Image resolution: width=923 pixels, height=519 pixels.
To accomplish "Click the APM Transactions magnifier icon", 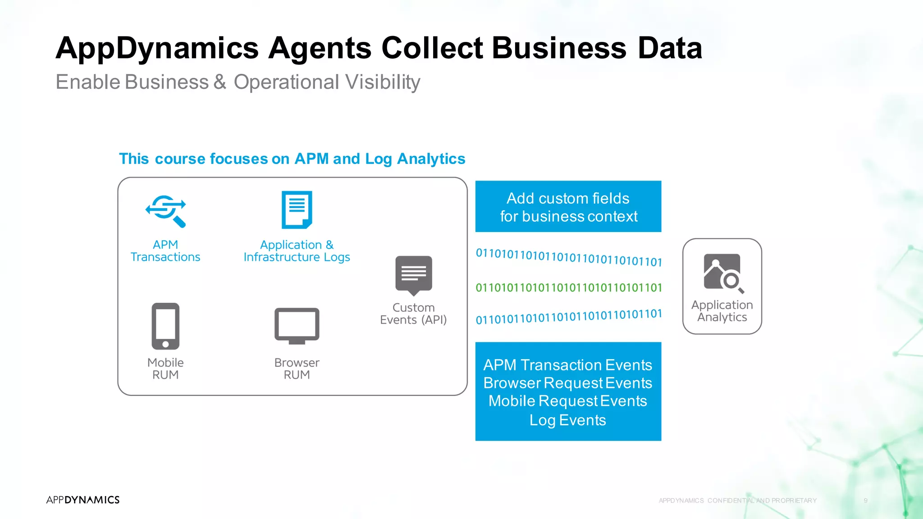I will click(x=166, y=211).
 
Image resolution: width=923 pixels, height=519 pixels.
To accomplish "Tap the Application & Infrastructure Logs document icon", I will click(x=297, y=209).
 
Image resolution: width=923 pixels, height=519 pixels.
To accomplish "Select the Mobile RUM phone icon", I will click(x=165, y=326).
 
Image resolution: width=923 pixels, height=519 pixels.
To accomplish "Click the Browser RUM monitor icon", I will click(x=297, y=326).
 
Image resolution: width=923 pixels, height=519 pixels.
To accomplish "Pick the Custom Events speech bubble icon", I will click(x=413, y=275).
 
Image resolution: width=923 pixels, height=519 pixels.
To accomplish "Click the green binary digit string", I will click(x=568, y=287).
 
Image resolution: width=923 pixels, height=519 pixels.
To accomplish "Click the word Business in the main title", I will click(x=559, y=48).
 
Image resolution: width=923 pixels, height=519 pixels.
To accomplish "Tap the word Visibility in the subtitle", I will click(x=383, y=82).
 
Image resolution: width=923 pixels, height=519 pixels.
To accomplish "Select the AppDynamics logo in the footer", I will click(x=83, y=500).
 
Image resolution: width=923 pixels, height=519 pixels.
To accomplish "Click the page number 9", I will click(x=865, y=501).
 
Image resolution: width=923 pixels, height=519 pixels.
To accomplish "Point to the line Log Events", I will click(x=567, y=420).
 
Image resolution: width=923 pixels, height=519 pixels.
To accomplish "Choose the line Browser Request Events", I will click(x=567, y=383).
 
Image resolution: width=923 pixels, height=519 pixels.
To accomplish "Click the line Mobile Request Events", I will click(x=567, y=401).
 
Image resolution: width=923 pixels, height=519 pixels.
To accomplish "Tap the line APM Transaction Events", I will click(x=567, y=365).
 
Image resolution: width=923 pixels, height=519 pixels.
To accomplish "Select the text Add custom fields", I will click(x=568, y=198).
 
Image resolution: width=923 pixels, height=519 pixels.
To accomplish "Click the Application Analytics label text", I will click(x=722, y=311).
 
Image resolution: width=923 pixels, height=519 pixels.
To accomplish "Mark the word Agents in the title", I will click(x=320, y=48).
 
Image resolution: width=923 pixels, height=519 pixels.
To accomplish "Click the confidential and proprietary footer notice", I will click(x=737, y=501).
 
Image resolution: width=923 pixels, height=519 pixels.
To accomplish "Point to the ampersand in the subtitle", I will click(x=219, y=82).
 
